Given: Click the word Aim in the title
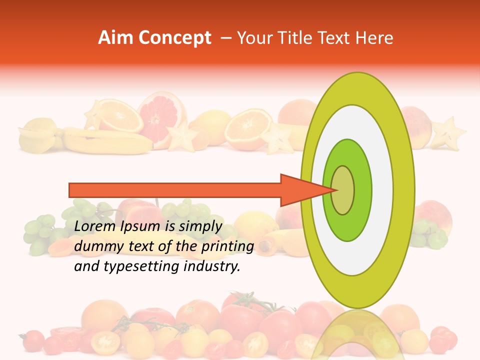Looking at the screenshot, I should [115, 38].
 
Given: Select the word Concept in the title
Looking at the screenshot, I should [175, 38].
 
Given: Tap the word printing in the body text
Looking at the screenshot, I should [227, 246].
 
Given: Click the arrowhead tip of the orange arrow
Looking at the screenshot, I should [334, 190].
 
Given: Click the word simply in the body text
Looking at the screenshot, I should [199, 226].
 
